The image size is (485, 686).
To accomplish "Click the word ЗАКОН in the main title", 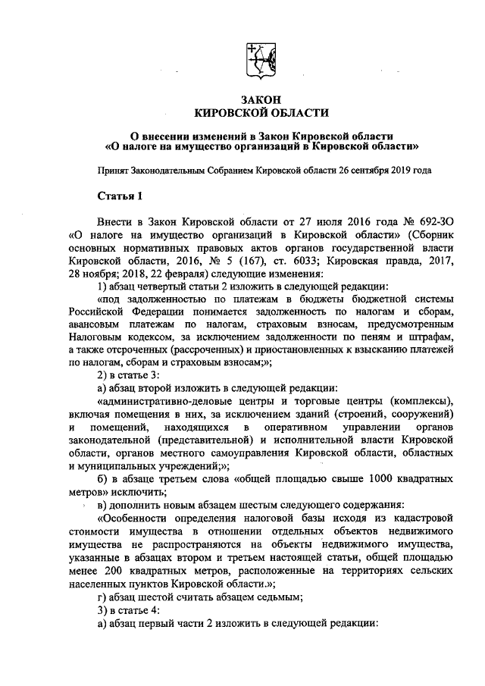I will click(261, 99).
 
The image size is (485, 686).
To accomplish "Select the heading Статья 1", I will click(120, 198).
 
